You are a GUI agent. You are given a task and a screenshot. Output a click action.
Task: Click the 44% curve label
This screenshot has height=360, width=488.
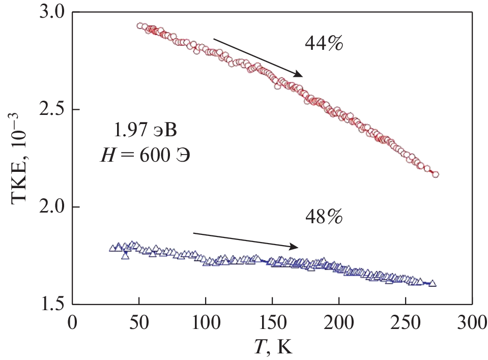324,44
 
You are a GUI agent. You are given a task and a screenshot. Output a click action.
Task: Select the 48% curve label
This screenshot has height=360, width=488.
324,217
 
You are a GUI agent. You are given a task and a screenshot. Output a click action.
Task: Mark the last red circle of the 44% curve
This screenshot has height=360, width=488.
436,174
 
